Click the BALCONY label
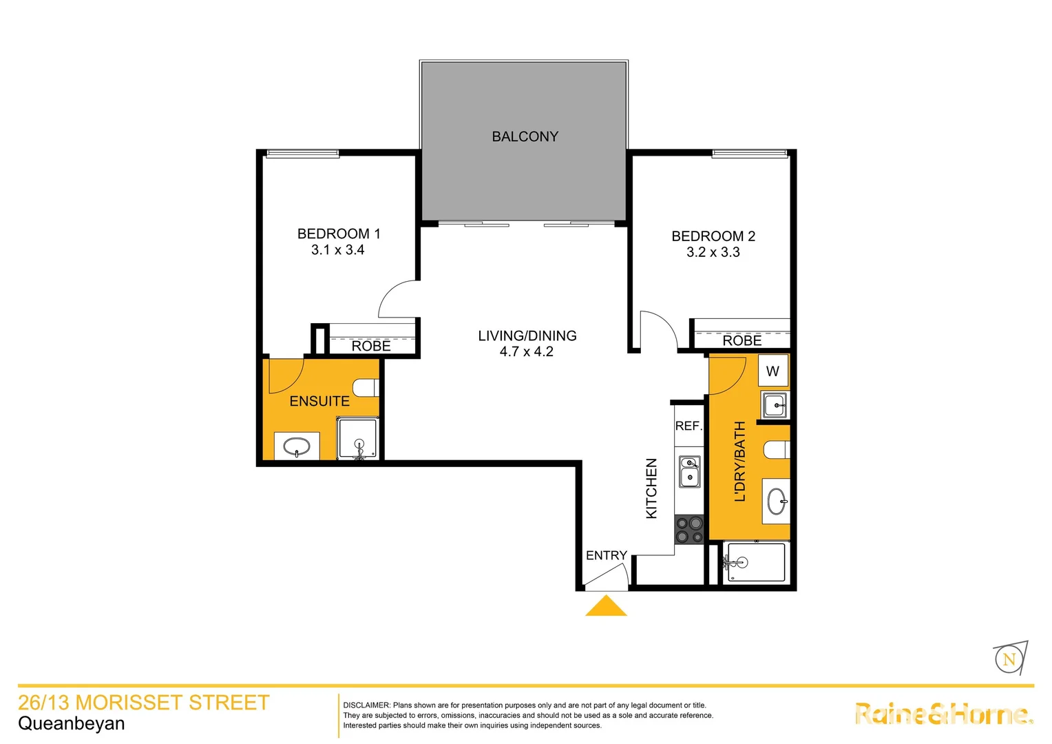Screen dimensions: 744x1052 (x=525, y=136)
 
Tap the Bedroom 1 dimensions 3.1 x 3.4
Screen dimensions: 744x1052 (x=337, y=250)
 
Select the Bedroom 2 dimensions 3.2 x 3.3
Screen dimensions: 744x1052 (x=713, y=252)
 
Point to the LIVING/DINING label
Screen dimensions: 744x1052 (x=527, y=335)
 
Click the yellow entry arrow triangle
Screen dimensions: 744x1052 (x=606, y=607)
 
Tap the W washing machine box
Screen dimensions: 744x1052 (x=772, y=371)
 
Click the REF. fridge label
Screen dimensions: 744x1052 (x=688, y=426)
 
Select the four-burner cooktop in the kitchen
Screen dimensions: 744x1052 (x=688, y=530)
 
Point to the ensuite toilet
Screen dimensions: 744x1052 (x=366, y=387)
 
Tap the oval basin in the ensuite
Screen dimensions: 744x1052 (x=297, y=446)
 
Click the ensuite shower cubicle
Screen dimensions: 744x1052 (x=357, y=439)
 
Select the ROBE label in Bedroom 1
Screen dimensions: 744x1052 (x=371, y=346)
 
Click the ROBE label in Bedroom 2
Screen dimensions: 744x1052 (x=741, y=340)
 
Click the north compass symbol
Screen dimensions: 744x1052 (x=1009, y=659)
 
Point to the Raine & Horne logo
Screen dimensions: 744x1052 (x=943, y=714)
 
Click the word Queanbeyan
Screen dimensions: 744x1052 (x=72, y=723)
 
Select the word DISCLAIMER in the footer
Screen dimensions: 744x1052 (x=366, y=705)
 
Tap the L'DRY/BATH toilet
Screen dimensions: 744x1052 (x=776, y=450)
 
